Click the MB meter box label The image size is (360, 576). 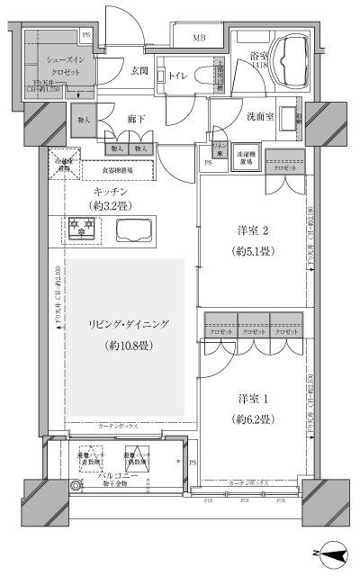tap(199, 38)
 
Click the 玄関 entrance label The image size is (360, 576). tap(139, 70)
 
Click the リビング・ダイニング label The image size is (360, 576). tap(120, 324)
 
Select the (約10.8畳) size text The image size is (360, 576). tap(123, 346)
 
